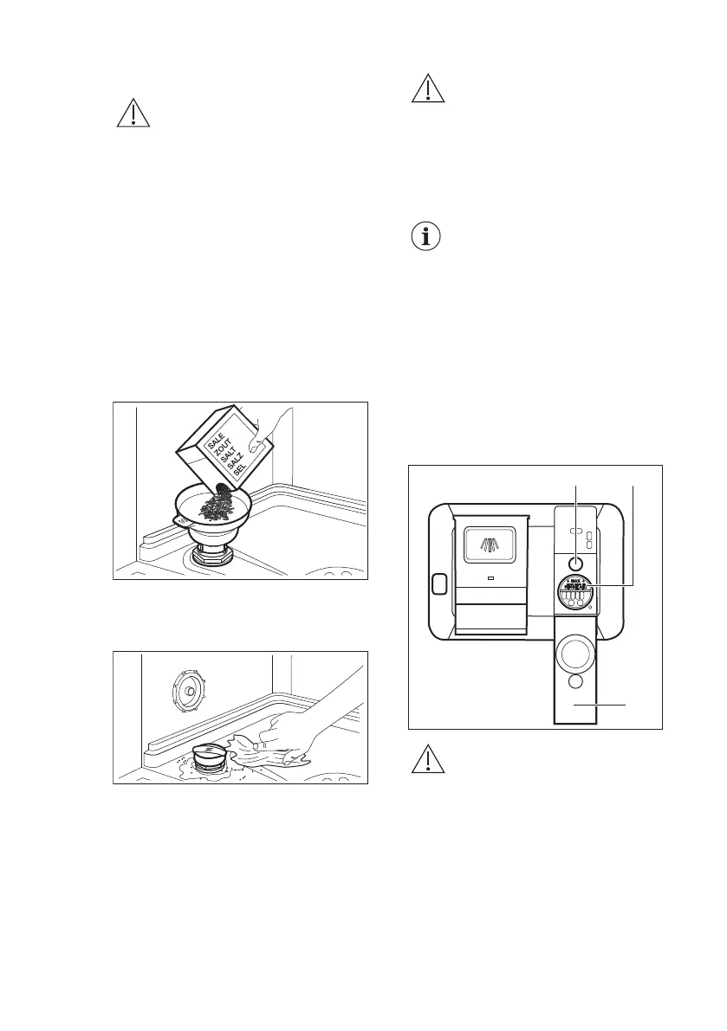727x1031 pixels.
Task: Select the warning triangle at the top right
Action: point(426,89)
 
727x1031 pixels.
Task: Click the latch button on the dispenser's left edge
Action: point(439,584)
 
